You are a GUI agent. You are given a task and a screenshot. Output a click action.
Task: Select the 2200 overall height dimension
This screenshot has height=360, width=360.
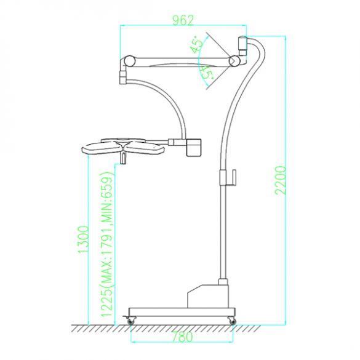pos(280,180)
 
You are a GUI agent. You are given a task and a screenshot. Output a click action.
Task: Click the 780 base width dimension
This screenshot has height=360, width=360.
pos(183,337)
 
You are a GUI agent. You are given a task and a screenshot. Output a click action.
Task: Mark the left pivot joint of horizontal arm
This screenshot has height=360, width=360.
pos(128,61)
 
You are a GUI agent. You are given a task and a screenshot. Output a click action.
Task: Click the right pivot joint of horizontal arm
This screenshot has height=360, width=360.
pos(234,62)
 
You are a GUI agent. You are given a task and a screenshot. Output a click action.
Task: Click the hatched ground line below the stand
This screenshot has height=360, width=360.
pos(178,326)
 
